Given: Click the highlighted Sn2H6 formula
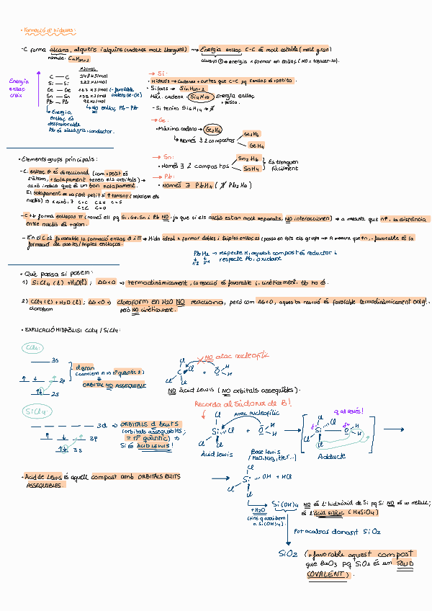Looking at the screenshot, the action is [248, 159].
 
